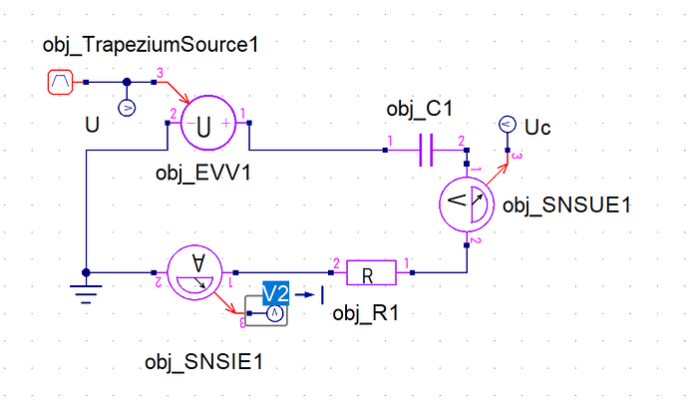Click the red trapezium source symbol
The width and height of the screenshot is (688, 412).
click(x=60, y=82)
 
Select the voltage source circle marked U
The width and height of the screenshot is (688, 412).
click(x=208, y=124)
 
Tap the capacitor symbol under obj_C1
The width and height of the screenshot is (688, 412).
click(x=426, y=150)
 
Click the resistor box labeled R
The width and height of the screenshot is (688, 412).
click(x=371, y=272)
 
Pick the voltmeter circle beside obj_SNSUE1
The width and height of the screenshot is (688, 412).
click(x=467, y=205)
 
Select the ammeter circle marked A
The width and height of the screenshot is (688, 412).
click(x=194, y=272)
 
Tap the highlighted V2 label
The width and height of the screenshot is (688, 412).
click(x=275, y=293)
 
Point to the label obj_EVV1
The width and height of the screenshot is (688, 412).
click(x=203, y=174)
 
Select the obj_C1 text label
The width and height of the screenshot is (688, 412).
click(x=420, y=109)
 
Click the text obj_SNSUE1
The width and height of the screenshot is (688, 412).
click(x=566, y=206)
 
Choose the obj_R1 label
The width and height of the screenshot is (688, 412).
click(x=366, y=313)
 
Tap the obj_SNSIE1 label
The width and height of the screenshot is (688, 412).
click(x=204, y=362)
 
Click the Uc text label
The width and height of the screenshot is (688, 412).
click(x=537, y=128)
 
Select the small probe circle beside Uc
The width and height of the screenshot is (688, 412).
click(x=508, y=124)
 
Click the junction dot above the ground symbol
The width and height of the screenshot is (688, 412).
click(x=86, y=272)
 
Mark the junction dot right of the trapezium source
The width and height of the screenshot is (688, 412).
click(x=127, y=82)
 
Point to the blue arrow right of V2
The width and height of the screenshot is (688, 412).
click(x=305, y=295)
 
